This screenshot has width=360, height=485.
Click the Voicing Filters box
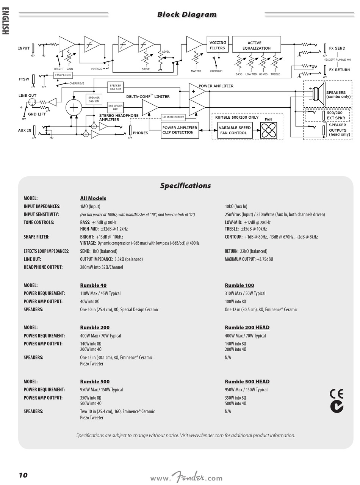(218, 45)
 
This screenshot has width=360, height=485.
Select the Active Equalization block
(256, 45)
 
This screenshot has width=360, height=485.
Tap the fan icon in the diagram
(269, 130)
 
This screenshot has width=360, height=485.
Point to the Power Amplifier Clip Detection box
(180, 130)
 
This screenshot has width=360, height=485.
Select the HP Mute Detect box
(173, 117)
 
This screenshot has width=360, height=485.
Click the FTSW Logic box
(63, 75)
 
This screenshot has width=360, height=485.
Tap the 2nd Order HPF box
(116, 107)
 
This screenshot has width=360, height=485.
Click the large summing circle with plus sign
(74, 107)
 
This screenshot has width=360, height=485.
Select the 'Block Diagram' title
(187, 15)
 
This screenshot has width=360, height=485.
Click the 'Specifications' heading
(185, 186)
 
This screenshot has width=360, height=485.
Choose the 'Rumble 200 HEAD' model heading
(247, 328)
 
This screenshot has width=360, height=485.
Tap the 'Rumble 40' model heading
(93, 286)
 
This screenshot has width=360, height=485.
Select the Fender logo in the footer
(188, 477)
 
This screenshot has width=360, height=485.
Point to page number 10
(23, 475)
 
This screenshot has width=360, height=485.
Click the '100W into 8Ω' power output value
(235, 302)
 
